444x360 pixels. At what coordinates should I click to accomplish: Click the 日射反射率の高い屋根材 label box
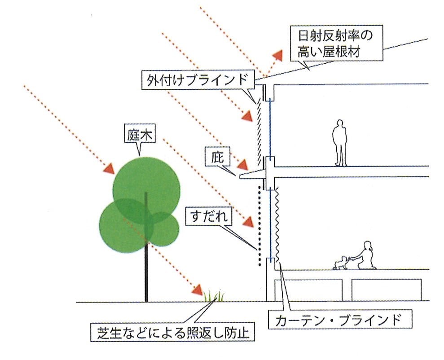click(336, 43)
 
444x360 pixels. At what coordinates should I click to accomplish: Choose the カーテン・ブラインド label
click(340, 319)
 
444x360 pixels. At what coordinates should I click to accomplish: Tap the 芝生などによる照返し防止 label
click(172, 332)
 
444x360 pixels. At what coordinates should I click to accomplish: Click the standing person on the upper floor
click(339, 143)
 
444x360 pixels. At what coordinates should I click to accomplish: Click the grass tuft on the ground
click(214, 296)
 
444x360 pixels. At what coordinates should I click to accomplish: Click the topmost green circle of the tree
click(146, 190)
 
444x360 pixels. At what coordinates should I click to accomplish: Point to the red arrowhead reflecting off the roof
click(277, 56)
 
